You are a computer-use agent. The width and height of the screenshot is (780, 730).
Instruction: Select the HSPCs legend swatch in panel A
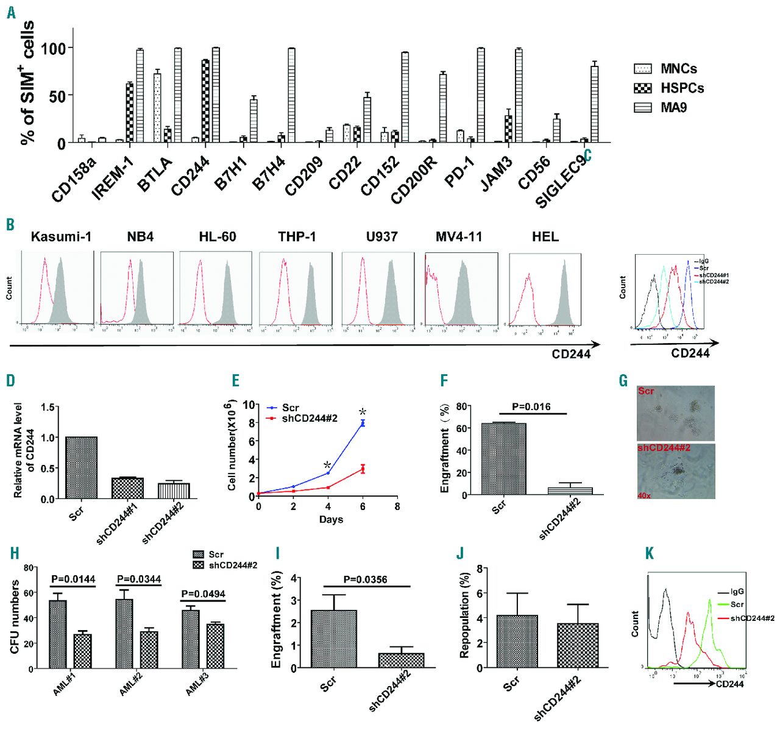click(643, 88)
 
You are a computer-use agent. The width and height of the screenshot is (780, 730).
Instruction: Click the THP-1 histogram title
click(297, 236)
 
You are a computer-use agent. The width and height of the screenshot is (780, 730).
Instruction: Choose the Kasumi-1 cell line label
click(61, 236)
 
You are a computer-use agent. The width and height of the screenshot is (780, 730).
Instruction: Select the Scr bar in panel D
click(81, 467)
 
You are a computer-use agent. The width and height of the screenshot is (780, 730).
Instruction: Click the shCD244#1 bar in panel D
click(127, 488)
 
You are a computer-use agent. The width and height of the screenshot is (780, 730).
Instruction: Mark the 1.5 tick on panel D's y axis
click(48, 407)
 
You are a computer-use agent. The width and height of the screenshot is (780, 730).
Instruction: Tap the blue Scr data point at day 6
click(363, 422)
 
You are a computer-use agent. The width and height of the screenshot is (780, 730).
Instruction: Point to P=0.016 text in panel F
click(532, 406)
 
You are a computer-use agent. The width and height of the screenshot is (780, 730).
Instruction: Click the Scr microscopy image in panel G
click(676, 413)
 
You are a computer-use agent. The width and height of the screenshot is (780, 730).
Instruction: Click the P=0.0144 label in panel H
click(73, 579)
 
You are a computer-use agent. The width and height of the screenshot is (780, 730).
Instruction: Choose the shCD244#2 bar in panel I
click(401, 661)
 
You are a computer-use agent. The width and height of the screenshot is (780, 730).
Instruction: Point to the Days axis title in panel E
click(331, 519)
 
